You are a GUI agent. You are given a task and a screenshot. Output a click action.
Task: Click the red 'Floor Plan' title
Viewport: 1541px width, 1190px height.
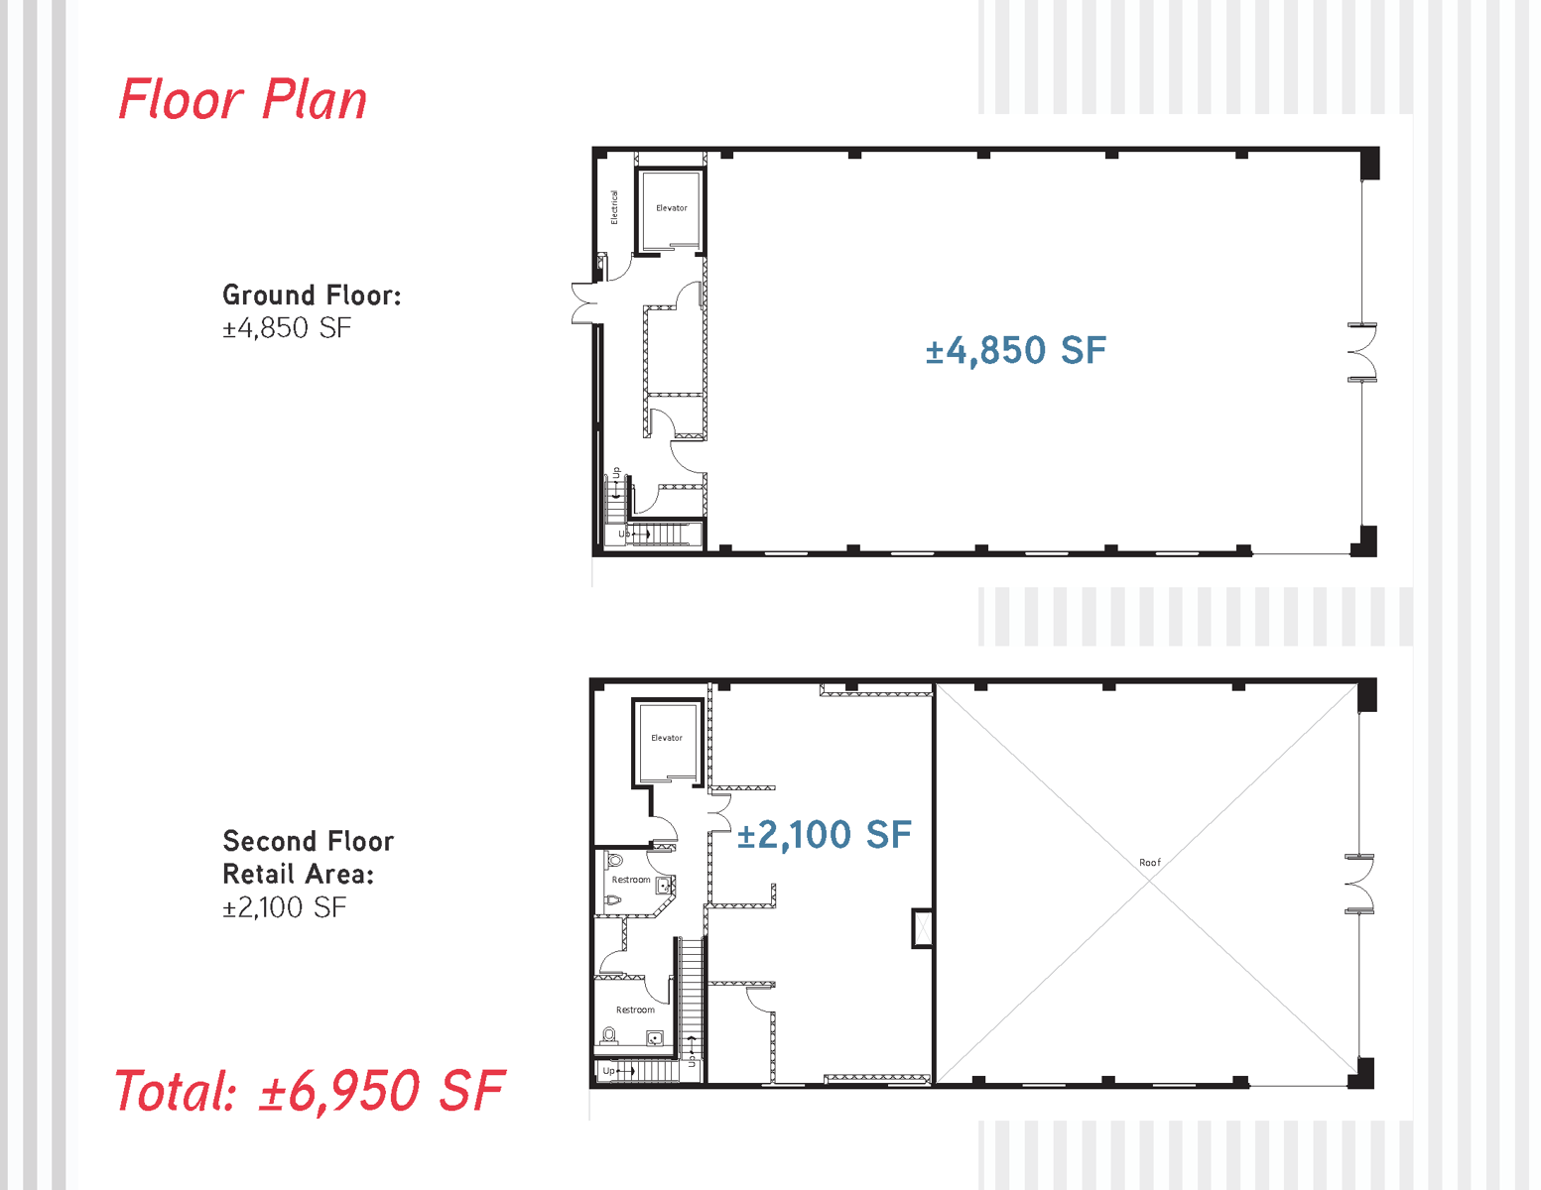242,100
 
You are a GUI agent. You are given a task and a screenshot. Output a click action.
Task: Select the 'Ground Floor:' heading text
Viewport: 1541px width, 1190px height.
312,295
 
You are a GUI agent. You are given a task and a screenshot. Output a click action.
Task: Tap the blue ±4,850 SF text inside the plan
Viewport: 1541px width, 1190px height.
1015,350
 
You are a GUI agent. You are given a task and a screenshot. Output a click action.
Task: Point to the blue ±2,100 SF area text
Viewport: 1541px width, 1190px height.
824,835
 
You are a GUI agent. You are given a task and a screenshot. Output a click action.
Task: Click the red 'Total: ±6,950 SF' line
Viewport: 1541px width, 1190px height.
310,1091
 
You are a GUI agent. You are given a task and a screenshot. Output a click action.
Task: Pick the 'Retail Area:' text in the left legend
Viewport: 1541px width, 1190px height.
298,874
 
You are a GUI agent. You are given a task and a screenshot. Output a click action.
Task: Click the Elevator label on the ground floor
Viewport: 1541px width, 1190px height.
672,208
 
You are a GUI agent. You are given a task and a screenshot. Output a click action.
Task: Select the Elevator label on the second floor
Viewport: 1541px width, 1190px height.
667,738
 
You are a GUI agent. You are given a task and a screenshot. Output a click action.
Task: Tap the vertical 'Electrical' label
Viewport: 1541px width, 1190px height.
614,207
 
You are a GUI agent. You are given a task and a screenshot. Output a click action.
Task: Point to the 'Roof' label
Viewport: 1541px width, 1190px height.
1150,863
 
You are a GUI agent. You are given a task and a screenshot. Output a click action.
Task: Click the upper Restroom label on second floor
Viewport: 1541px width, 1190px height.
631,880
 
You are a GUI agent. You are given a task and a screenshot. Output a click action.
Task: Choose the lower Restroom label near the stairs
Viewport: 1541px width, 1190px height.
635,1010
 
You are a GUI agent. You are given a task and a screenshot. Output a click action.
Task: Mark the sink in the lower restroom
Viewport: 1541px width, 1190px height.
655,1038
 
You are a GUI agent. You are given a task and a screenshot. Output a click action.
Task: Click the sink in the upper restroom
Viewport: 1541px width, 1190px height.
664,886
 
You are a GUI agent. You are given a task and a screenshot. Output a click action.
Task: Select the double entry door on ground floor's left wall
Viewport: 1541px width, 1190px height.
584,303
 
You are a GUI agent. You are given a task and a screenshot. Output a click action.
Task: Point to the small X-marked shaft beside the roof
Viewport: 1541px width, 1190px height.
923,928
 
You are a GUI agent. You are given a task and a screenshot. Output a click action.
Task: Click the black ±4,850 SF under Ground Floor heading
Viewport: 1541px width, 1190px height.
287,328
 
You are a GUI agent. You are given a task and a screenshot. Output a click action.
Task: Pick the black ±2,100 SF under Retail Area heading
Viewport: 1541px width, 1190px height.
285,907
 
